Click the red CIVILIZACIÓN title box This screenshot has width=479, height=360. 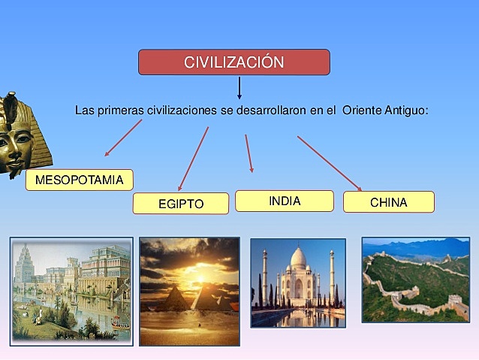click(x=233, y=62)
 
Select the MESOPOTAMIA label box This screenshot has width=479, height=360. click(x=79, y=180)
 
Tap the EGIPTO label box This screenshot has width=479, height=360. click(x=180, y=204)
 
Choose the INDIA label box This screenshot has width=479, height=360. click(x=284, y=201)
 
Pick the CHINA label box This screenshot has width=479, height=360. click(x=388, y=202)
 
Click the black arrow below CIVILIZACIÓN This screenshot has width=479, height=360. click(x=239, y=87)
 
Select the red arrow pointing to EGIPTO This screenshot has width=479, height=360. click(x=193, y=159)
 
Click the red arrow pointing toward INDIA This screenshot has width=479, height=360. click(x=249, y=153)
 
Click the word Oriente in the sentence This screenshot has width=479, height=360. click(x=362, y=110)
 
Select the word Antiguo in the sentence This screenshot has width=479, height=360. click(x=405, y=110)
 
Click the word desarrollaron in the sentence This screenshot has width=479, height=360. click(x=262, y=110)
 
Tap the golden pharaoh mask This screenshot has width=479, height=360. click(x=20, y=135)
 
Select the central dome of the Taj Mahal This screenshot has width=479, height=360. click(x=298, y=262)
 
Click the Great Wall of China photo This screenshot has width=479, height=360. click(x=415, y=280)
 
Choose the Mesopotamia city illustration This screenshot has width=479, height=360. click(x=71, y=291)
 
